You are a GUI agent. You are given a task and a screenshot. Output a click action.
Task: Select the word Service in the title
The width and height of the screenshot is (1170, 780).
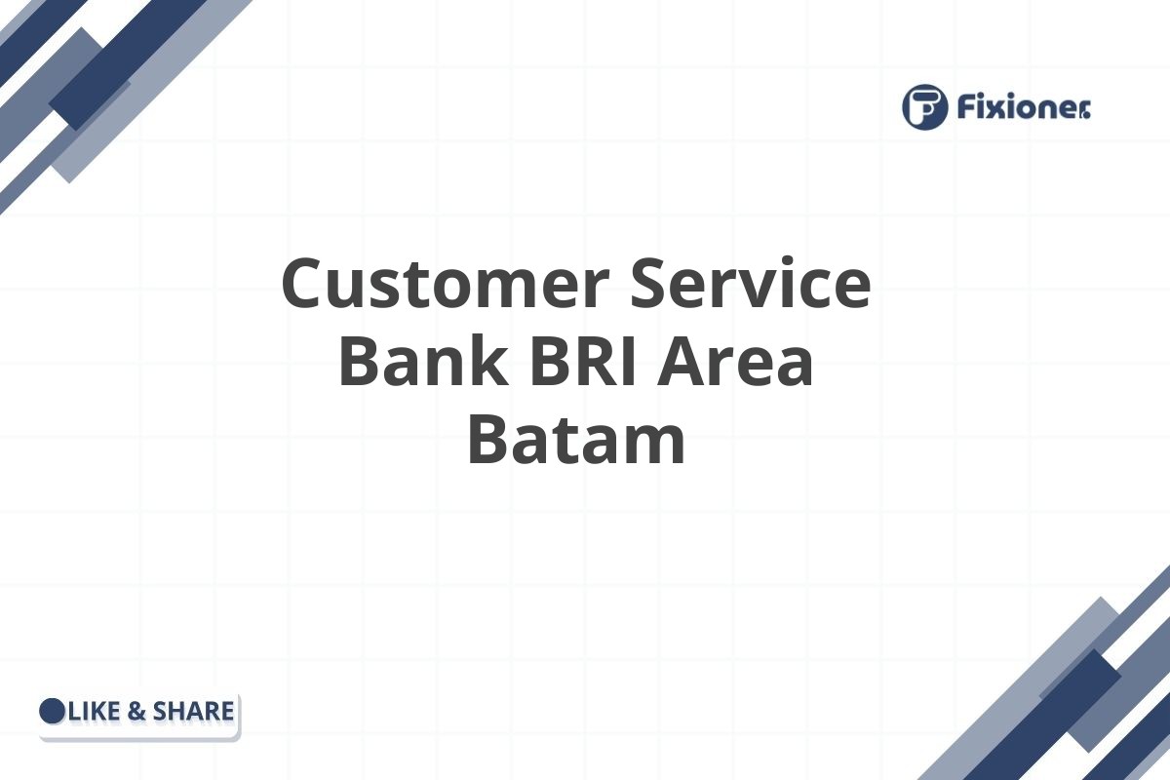click(749, 285)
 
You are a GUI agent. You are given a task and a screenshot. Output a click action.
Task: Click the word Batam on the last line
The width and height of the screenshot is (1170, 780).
click(576, 441)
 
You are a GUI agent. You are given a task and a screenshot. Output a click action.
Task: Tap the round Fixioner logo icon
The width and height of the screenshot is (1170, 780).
click(924, 106)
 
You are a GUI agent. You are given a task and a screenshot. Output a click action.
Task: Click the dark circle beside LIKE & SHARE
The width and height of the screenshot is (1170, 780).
click(53, 712)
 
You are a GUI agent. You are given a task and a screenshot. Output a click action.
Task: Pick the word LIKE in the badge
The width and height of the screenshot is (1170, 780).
click(95, 712)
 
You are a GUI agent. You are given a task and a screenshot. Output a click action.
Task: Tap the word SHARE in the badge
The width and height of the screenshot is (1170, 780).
click(193, 712)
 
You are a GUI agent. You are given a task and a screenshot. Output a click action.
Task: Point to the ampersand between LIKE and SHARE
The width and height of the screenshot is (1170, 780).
click(137, 712)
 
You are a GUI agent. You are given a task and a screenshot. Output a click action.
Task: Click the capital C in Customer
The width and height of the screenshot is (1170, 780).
click(304, 285)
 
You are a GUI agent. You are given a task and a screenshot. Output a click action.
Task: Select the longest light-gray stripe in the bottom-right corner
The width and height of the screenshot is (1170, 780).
click(1033, 682)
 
